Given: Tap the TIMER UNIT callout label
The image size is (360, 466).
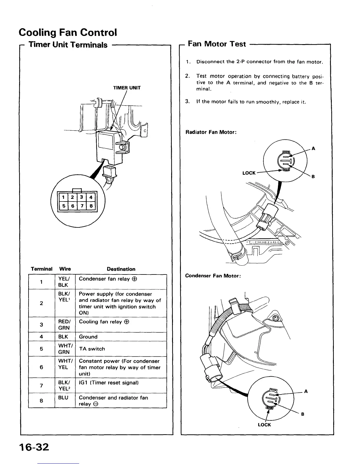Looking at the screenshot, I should point(127,88).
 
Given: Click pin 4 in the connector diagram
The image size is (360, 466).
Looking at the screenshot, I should point(91,197).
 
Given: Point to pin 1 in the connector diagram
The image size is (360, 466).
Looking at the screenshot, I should point(64,197).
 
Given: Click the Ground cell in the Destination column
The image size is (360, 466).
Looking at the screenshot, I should point(88,337).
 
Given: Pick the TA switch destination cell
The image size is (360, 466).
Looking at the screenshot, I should point(92,349).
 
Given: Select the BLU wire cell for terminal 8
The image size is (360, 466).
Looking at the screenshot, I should point(63,398).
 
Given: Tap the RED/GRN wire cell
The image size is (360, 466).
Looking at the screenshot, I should point(64,325).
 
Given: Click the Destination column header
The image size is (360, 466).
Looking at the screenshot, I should point(121,269).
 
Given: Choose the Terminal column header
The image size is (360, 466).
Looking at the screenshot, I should point(41,269).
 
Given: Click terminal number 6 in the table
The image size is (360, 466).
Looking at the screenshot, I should point(41,367).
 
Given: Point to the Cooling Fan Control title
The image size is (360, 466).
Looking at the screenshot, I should point(68,32).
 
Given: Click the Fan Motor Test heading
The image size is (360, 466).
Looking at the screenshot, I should point(217,44).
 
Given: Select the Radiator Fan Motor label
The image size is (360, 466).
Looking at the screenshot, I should point(211,132).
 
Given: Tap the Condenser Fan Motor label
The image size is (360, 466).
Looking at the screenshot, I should point(213,276).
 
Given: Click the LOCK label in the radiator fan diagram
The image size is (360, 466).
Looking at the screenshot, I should point(249,173).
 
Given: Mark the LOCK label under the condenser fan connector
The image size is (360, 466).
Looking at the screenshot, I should point(264,425).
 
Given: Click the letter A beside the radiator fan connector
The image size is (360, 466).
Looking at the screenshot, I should point(314,149).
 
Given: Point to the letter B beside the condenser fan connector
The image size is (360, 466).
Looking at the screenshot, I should point(303,414).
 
